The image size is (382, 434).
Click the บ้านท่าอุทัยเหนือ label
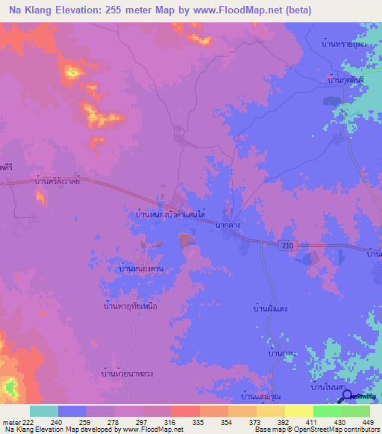pyautogui.click(x=130, y=306)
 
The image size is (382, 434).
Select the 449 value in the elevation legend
pyautogui.click(x=367, y=422)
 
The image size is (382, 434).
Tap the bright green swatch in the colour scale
pyautogui.click(x=327, y=411)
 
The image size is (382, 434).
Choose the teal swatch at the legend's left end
pyautogui.click(x=44, y=411)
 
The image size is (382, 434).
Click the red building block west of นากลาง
pyautogui.click(x=184, y=239)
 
